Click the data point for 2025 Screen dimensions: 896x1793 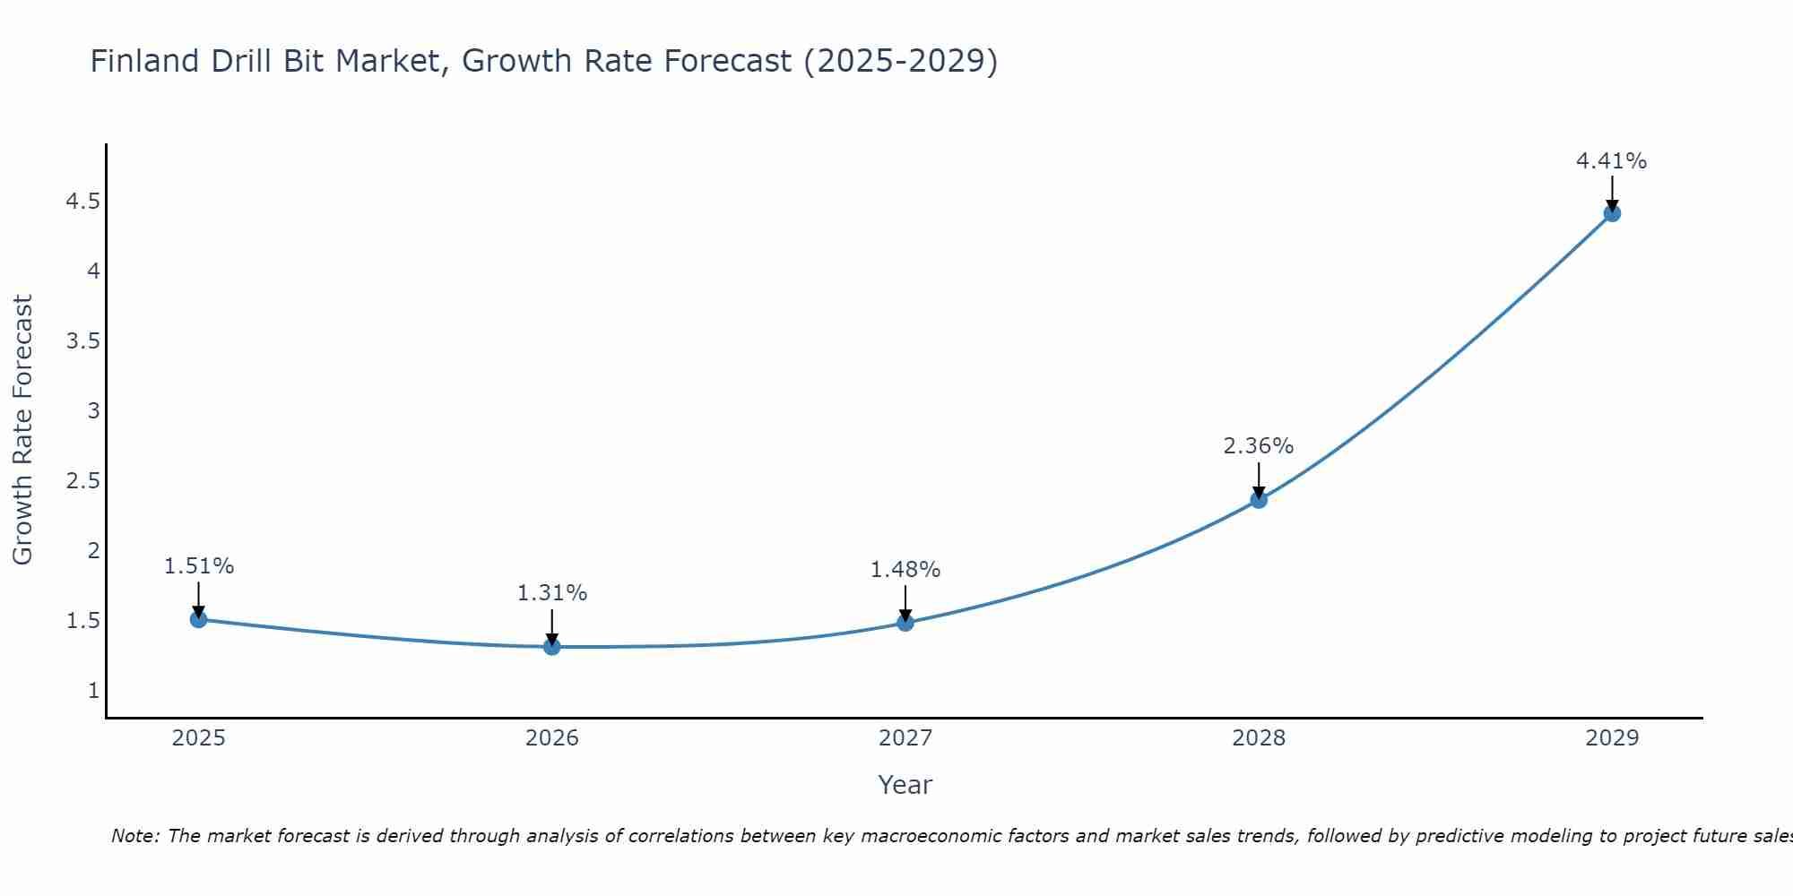tap(199, 619)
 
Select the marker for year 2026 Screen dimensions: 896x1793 tap(552, 646)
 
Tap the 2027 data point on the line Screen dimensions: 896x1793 tap(905, 623)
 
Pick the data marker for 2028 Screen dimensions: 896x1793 tap(1259, 500)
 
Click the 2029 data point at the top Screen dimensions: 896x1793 tap(1612, 213)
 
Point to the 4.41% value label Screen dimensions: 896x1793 tap(1611, 161)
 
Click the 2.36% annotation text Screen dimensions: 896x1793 tap(1258, 446)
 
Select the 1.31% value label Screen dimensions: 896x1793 tap(551, 593)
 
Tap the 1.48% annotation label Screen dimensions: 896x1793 tap(905, 570)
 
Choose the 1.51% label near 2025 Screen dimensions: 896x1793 tap(198, 566)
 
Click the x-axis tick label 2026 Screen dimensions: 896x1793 tap(552, 738)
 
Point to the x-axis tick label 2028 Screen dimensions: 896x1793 tap(1259, 738)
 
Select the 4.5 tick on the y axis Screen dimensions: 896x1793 tap(82, 202)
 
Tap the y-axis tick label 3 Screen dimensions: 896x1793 tap(93, 411)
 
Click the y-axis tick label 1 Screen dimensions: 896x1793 tap(93, 691)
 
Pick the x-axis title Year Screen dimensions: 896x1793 tap(905, 785)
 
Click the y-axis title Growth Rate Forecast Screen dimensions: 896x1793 tap(22, 429)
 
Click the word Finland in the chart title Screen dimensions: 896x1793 tap(144, 61)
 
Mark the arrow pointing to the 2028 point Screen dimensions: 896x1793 tap(1259, 480)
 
